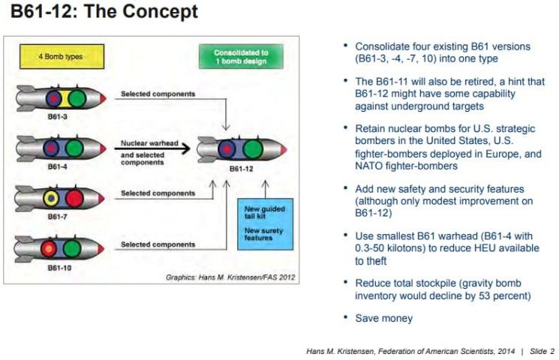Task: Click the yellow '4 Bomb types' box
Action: (62, 56)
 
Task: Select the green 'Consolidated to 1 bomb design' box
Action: (241, 56)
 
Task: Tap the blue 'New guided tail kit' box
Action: (265, 223)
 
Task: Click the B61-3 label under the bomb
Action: (57, 116)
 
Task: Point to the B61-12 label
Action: (241, 169)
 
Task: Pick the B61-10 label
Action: (59, 268)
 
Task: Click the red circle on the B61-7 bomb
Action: (74, 199)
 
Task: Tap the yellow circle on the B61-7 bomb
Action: (51, 199)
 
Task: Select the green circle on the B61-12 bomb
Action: (253, 149)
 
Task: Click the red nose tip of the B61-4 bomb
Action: (104, 148)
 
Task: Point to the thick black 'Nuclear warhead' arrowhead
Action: (185, 148)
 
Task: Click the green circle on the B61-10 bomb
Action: (72, 248)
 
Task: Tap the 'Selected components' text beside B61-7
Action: (158, 193)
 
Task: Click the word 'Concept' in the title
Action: (160, 11)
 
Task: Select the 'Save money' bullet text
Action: (384, 318)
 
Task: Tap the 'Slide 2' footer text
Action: (542, 351)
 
